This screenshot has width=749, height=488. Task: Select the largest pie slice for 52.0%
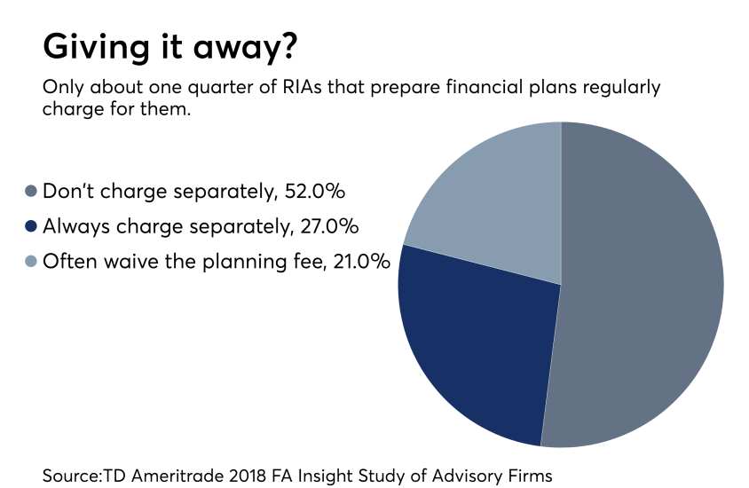tap(639, 284)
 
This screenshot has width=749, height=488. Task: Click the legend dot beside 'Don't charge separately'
tap(31, 191)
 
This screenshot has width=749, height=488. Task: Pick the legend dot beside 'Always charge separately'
tap(31, 226)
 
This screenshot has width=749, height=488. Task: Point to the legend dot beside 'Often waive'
tap(31, 262)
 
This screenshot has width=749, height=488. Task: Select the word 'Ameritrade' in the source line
tap(166, 476)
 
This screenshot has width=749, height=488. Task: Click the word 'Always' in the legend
tap(73, 226)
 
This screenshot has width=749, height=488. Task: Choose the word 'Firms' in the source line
tap(530, 476)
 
